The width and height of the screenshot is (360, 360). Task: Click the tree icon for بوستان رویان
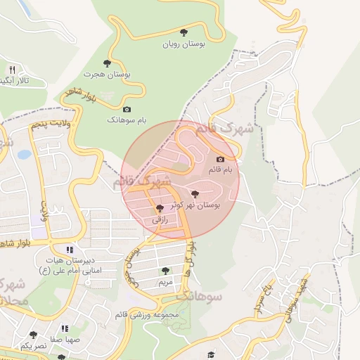tap(184, 32)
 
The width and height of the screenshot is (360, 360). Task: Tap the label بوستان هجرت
tap(108, 73)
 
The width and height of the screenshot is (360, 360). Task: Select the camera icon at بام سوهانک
tap(127, 109)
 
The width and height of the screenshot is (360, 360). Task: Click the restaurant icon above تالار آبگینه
tap(12, 70)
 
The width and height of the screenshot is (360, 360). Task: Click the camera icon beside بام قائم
tap(221, 160)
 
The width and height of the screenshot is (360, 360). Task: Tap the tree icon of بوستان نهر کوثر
tap(195, 194)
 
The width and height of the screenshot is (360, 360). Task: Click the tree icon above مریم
tap(165, 271)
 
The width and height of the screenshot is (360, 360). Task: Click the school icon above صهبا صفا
tap(65, 328)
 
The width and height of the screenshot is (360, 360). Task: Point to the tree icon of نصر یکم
tap(33, 335)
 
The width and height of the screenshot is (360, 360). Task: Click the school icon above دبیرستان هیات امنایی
tap(69, 250)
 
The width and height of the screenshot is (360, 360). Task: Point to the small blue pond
tap(25, 154)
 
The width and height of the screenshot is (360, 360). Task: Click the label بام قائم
tap(223, 171)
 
